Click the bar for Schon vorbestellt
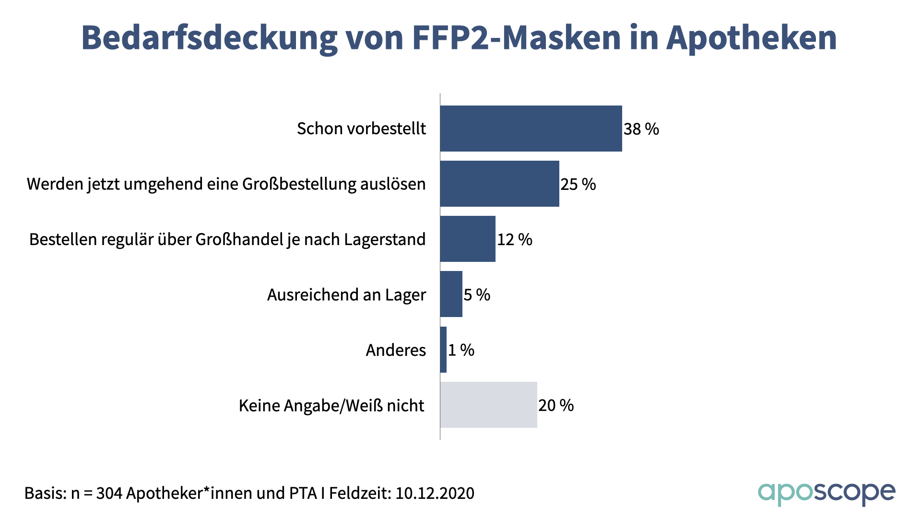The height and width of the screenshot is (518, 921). pyautogui.click(x=531, y=129)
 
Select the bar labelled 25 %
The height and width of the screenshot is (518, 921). pyautogui.click(x=499, y=184)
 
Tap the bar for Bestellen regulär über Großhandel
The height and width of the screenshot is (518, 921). pyautogui.click(x=468, y=239)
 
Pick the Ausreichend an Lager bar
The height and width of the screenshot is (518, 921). pyautogui.click(x=451, y=294)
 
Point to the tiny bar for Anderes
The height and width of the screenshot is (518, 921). pyautogui.click(x=443, y=350)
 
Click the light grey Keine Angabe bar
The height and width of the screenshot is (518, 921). pyautogui.click(x=488, y=405)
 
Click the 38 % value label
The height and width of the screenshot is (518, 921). pyautogui.click(x=641, y=129)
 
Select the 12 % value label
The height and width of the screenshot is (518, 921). pyautogui.click(x=515, y=239)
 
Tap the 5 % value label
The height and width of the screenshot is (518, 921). pyautogui.click(x=477, y=294)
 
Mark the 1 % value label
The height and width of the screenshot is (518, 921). pyautogui.click(x=461, y=350)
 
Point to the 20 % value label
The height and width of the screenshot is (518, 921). pyautogui.click(x=556, y=405)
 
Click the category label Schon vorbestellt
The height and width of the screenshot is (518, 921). pyautogui.click(x=361, y=129)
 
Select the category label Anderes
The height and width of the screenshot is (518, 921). pyautogui.click(x=396, y=350)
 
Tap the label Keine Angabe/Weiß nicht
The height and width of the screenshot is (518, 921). pyautogui.click(x=331, y=406)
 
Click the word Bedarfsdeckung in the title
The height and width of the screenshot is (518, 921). pyautogui.click(x=209, y=37)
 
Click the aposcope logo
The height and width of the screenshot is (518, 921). pyautogui.click(x=826, y=494)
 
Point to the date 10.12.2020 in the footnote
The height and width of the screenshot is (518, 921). pyautogui.click(x=435, y=493)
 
